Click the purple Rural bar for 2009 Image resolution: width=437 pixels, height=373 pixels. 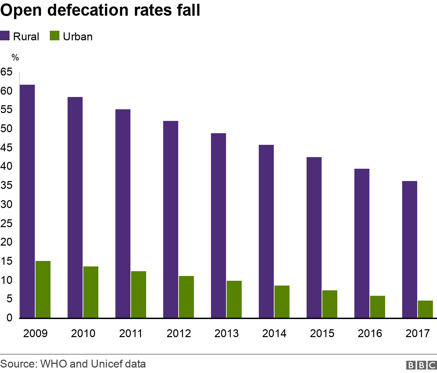pyautogui.click(x=27, y=202)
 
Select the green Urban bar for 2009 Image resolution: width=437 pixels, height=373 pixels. pyautogui.click(x=43, y=290)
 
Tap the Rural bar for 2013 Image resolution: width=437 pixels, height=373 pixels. pyautogui.click(x=218, y=225)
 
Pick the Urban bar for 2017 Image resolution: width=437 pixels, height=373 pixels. pyautogui.click(x=425, y=309)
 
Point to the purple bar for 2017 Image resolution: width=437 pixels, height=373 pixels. pyautogui.click(x=410, y=249)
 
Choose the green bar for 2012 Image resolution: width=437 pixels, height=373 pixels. pyautogui.click(x=186, y=297)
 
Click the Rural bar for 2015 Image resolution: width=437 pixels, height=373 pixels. pyautogui.click(x=314, y=237)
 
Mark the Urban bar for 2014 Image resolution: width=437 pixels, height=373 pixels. pyautogui.click(x=282, y=302)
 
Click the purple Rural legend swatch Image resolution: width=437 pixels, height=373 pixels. pyautogui.click(x=5, y=36)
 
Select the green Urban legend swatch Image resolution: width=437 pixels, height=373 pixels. pyautogui.click(x=55, y=36)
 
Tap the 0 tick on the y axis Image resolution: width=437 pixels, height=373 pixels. pyautogui.click(x=9, y=318)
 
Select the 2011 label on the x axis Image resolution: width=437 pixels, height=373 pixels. pyautogui.click(x=131, y=333)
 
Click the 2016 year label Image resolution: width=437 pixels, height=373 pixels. pyautogui.click(x=370, y=333)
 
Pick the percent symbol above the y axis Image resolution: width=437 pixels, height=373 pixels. pyautogui.click(x=15, y=57)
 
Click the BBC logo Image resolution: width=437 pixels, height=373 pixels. pyautogui.click(x=421, y=365)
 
